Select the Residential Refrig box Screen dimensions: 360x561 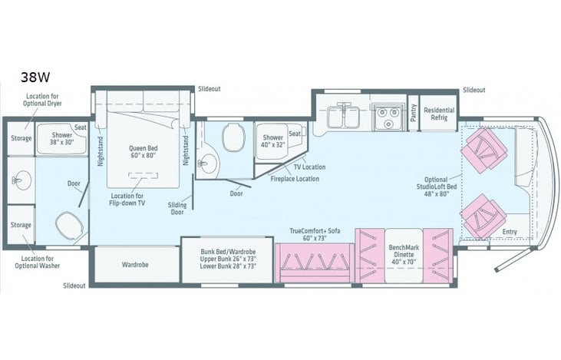[439, 114]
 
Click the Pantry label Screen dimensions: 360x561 [412, 114]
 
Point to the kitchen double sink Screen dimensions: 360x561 [344, 117]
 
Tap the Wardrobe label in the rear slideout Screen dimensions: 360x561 [135, 264]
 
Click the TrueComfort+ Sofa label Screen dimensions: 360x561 [314, 234]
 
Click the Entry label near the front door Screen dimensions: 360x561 [510, 231]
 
